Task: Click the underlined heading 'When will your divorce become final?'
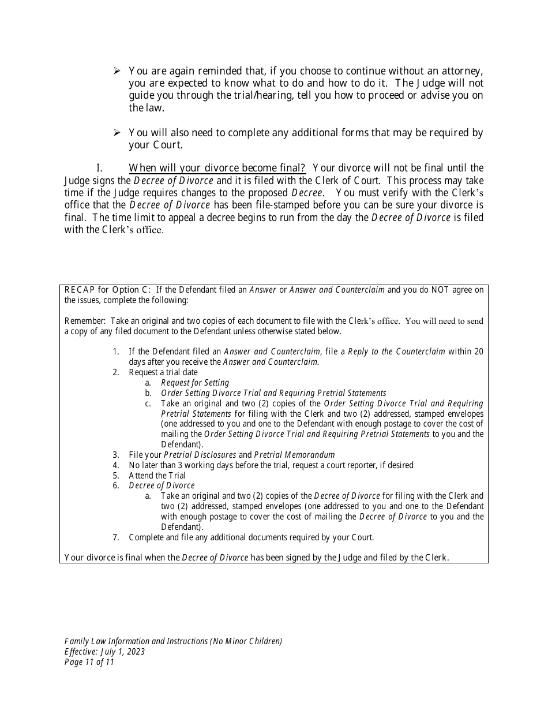(x=217, y=168)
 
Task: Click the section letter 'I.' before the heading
(x=99, y=168)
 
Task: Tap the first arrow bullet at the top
(x=117, y=70)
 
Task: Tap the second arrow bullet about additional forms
(x=117, y=133)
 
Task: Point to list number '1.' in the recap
(x=116, y=352)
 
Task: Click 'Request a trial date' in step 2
(x=163, y=372)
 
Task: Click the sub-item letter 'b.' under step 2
(x=148, y=393)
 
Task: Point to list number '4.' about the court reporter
(x=116, y=465)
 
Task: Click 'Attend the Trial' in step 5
(x=157, y=476)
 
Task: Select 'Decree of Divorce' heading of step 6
(x=162, y=485)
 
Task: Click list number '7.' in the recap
(x=116, y=537)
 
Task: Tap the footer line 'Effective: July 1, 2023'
(x=104, y=652)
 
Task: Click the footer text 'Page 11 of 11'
(x=89, y=662)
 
